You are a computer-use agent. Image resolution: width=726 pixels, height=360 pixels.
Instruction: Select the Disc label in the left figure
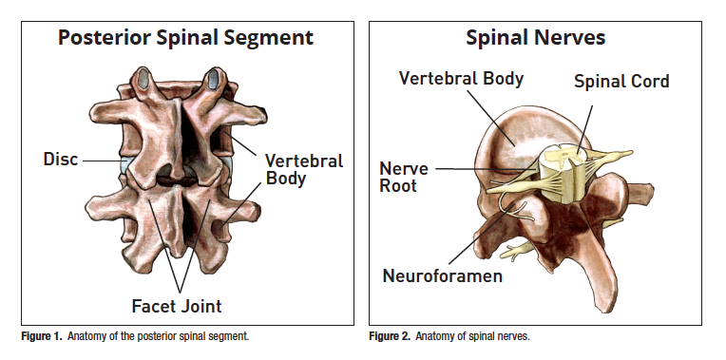pos(61,160)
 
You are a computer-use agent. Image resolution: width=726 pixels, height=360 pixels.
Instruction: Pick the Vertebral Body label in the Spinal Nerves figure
pos(461,78)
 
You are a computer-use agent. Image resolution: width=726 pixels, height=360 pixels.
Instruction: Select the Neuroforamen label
pos(442,276)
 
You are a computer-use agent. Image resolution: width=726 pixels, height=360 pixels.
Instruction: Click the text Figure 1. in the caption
pos(40,336)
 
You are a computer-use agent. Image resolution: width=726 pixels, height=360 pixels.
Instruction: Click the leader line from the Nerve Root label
pos(475,170)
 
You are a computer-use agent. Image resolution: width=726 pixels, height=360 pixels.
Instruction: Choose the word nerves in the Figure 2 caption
pos(512,336)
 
